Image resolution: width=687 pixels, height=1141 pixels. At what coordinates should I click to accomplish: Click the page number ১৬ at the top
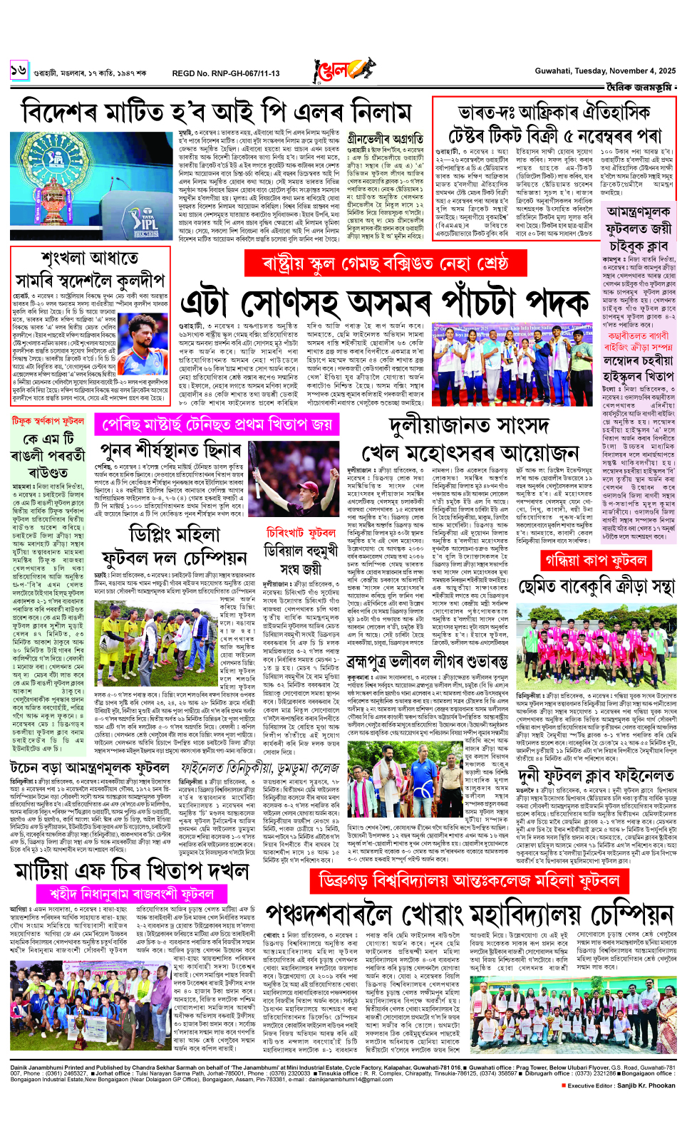pos(18,70)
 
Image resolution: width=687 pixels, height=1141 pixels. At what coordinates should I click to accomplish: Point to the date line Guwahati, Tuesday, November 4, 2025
pos(605,71)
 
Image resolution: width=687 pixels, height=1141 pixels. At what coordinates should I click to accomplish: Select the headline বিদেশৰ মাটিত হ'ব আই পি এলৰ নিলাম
pos(217,113)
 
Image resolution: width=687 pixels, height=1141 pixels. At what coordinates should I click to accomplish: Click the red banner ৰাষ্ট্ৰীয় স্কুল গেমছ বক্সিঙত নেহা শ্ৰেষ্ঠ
pos(386,263)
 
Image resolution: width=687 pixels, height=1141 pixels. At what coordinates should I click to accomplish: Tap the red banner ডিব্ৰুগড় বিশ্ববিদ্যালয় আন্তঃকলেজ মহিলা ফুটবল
pos(469,880)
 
